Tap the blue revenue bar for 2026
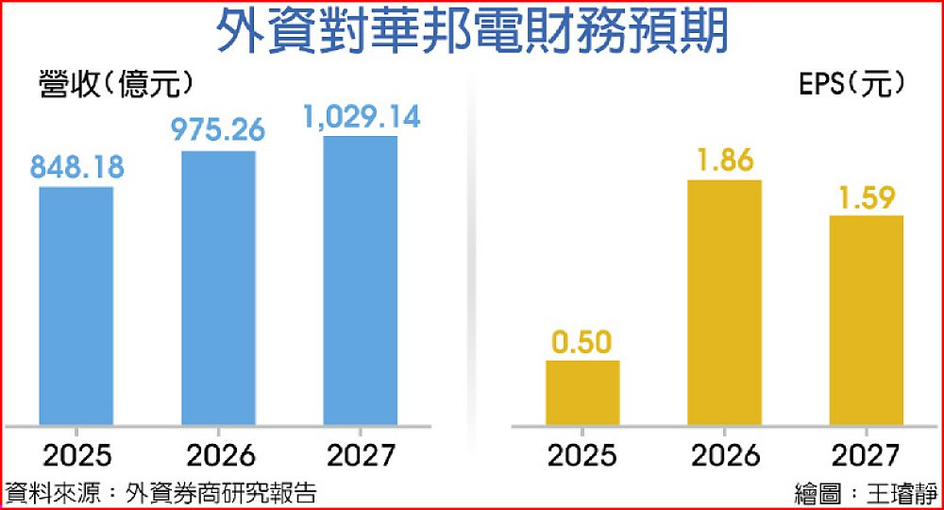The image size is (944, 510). click(x=218, y=287)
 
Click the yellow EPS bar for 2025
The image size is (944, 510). click(x=583, y=392)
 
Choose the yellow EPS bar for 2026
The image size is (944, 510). click(x=725, y=302)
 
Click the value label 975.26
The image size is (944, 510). click(x=218, y=129)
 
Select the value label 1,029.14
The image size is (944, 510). click(x=361, y=117)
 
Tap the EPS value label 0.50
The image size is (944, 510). click(x=583, y=340)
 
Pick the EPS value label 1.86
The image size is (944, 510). click(x=725, y=160)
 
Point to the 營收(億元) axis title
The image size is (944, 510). click(x=118, y=84)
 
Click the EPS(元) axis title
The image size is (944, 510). click(x=851, y=84)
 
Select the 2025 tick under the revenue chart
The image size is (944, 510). click(x=76, y=456)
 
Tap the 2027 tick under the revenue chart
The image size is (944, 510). click(x=360, y=456)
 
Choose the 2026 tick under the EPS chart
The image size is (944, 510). click(x=725, y=456)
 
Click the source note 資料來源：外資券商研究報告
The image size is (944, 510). click(x=160, y=492)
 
